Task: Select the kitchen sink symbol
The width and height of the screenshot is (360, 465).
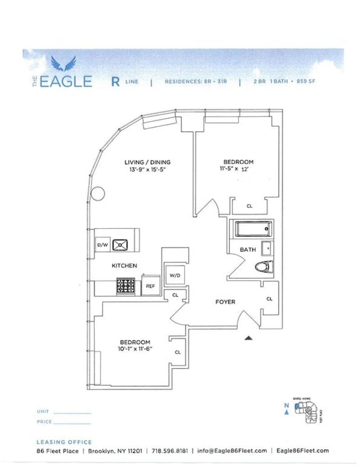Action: click(120, 245)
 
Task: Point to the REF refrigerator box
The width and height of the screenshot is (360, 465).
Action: click(150, 286)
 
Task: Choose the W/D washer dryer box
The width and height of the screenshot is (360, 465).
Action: click(175, 275)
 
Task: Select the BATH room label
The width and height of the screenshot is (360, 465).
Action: click(247, 250)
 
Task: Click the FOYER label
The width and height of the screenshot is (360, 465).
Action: click(225, 302)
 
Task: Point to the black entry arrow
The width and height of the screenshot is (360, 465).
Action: click(248, 337)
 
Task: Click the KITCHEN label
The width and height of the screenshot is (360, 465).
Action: click(124, 266)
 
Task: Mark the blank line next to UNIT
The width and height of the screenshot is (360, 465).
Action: click(72, 412)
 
